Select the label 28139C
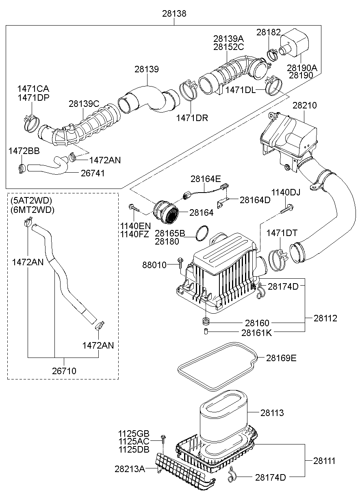(84, 104)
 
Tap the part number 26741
(93, 173)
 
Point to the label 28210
(305, 106)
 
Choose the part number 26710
(64, 371)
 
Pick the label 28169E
(281, 358)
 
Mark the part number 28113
(272, 413)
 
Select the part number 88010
(154, 265)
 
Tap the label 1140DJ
(286, 192)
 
